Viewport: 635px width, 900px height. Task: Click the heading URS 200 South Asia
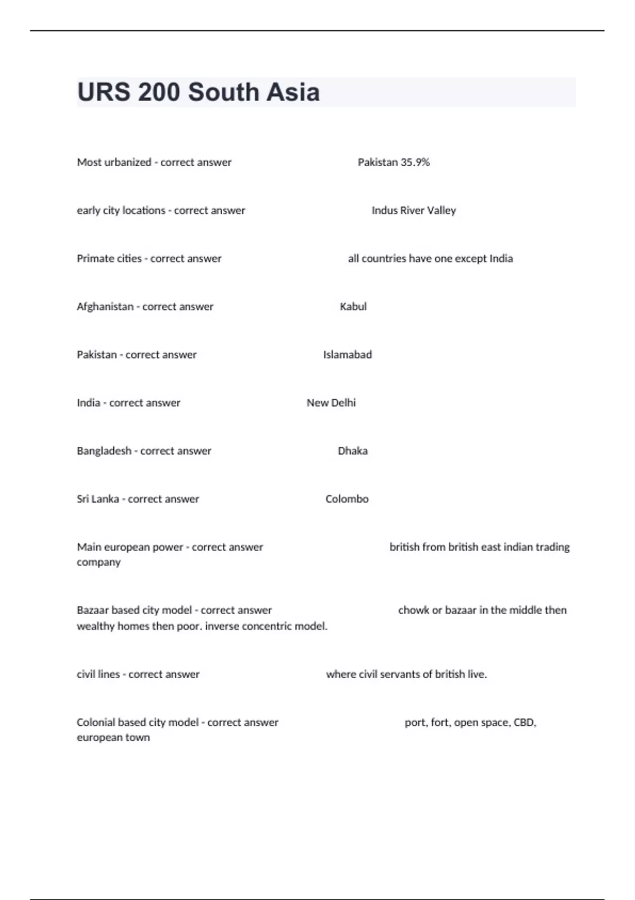coord(198,92)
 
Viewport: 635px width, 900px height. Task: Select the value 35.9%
coord(415,163)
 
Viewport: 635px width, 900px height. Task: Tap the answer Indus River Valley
coord(413,211)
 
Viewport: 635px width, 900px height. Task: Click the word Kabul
coord(353,307)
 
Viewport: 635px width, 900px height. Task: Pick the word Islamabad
coord(347,355)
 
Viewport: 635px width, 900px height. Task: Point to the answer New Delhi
coord(331,403)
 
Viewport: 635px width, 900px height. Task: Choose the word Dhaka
coord(352,451)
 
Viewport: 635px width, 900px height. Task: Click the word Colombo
coord(347,499)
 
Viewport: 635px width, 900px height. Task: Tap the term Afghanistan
coord(105,307)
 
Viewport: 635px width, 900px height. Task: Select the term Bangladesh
coord(104,451)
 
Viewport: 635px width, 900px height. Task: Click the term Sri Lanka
coord(98,499)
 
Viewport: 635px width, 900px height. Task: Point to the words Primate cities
coord(109,259)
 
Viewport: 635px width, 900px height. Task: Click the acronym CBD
coord(524,723)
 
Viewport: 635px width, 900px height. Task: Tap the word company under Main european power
coord(98,563)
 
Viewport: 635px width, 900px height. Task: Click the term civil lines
coord(98,674)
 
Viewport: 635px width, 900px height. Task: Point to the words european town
coord(113,737)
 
